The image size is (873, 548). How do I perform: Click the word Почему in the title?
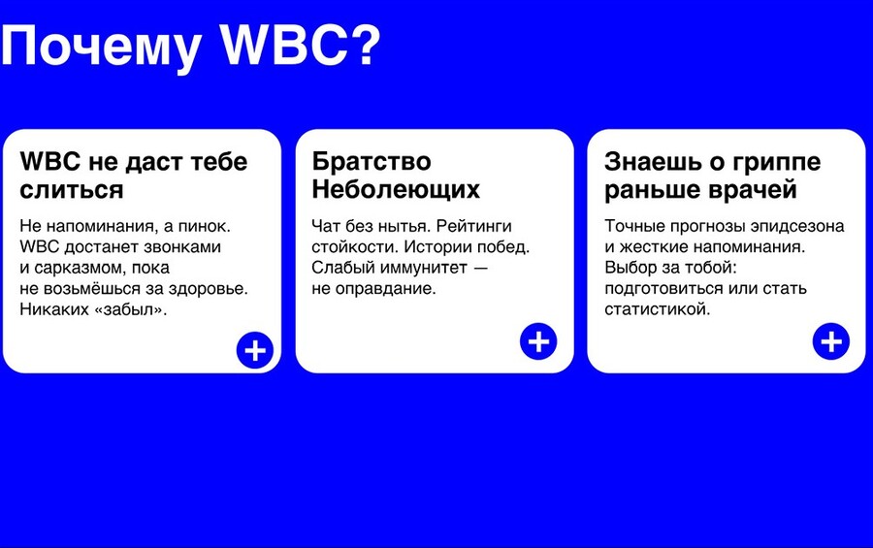coord(101,48)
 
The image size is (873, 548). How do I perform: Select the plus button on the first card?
coord(255,350)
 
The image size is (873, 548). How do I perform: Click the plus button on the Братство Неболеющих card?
coord(538,341)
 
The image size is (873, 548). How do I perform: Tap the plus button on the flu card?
coord(831,341)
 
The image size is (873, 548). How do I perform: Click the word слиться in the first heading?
coord(71,190)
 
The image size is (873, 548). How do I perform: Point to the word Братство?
coord(372,162)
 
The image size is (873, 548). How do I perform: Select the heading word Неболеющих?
coord(396,189)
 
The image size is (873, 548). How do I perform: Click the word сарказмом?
coord(81,269)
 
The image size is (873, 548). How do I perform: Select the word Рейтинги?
coord(473,227)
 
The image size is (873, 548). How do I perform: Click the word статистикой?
coord(658,309)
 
